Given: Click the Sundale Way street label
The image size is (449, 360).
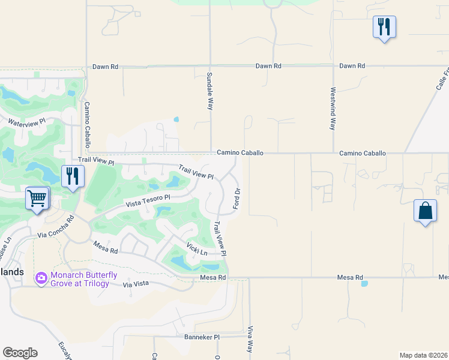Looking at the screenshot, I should [210, 90].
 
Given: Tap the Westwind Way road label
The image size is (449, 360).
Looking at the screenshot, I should [333, 109].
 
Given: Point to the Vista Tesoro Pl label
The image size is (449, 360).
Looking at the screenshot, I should [148, 200].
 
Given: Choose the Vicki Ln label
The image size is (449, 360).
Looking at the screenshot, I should [196, 248].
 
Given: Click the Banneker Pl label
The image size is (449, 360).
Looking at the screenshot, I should [194, 337].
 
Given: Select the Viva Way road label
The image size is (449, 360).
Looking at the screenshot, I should [250, 339].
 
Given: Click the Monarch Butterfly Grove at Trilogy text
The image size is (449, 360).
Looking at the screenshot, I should [80, 279].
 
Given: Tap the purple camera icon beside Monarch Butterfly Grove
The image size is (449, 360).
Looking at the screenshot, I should [41, 278].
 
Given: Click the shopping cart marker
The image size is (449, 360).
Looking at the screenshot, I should [37, 198].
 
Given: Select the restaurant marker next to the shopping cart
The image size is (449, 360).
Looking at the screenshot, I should [73, 176].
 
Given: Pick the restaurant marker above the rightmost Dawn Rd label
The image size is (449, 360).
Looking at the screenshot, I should [384, 27].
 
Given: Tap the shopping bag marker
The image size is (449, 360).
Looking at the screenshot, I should [425, 211].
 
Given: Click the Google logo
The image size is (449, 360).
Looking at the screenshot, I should [20, 353].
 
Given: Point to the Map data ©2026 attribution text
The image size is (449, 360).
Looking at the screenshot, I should [423, 355].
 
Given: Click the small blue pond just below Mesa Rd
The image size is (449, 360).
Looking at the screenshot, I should [364, 283].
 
